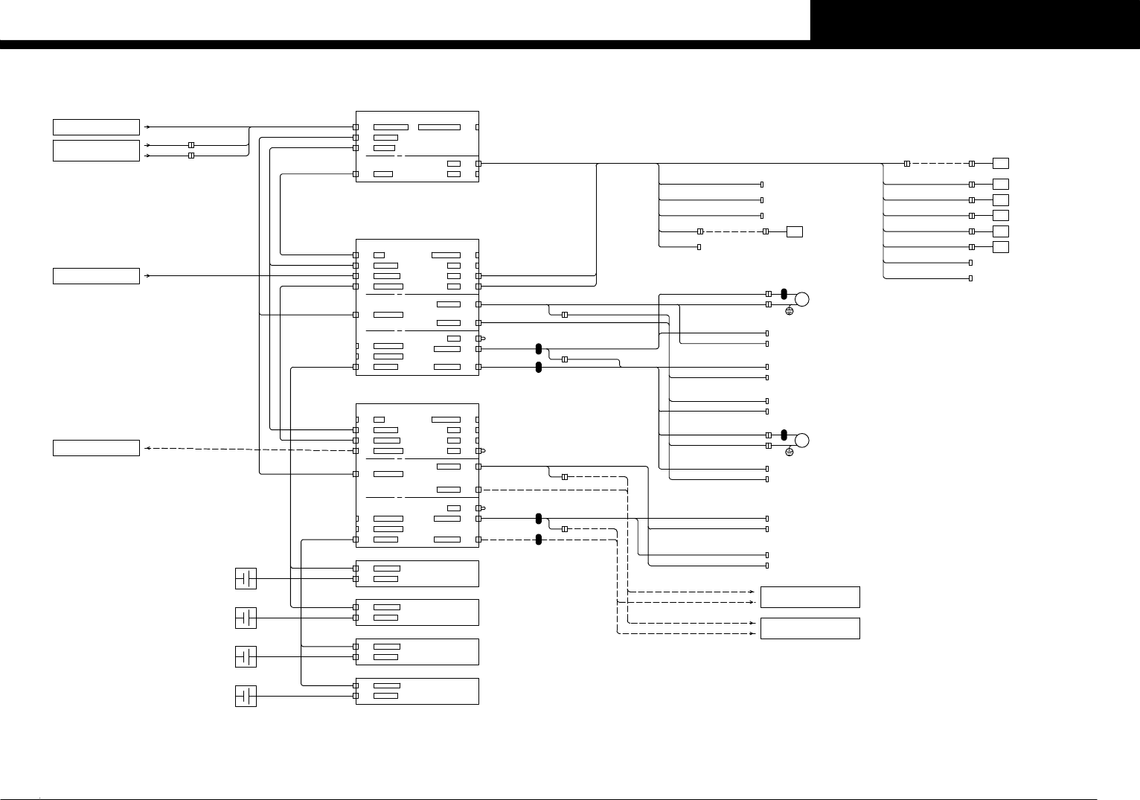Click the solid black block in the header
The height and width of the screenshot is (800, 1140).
[x=975, y=20]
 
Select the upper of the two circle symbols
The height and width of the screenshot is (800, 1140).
[x=801, y=299]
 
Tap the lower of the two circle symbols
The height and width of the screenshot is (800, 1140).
[x=801, y=440]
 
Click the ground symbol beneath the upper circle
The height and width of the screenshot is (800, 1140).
[x=790, y=310]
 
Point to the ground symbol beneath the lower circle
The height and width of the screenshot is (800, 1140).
[x=790, y=452]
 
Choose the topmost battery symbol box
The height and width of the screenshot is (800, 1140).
[x=246, y=578]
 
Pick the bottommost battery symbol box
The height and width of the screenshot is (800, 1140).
[x=246, y=696]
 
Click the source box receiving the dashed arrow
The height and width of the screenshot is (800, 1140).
[x=96, y=448]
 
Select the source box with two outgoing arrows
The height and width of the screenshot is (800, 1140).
[x=96, y=150]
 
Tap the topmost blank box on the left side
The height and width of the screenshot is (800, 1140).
[x=96, y=127]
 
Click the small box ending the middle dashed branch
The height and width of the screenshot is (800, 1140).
[x=794, y=231]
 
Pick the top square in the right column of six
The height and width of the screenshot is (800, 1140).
[x=1001, y=163]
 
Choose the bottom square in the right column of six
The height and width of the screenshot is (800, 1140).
[x=1001, y=246]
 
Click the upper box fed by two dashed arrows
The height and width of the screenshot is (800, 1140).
[x=810, y=597]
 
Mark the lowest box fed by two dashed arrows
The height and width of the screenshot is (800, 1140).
[x=810, y=628]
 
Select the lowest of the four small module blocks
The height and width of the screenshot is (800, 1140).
[x=417, y=691]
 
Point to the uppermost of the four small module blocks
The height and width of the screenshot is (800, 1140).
[x=417, y=574]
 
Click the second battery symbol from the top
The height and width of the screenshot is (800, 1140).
[x=246, y=618]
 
